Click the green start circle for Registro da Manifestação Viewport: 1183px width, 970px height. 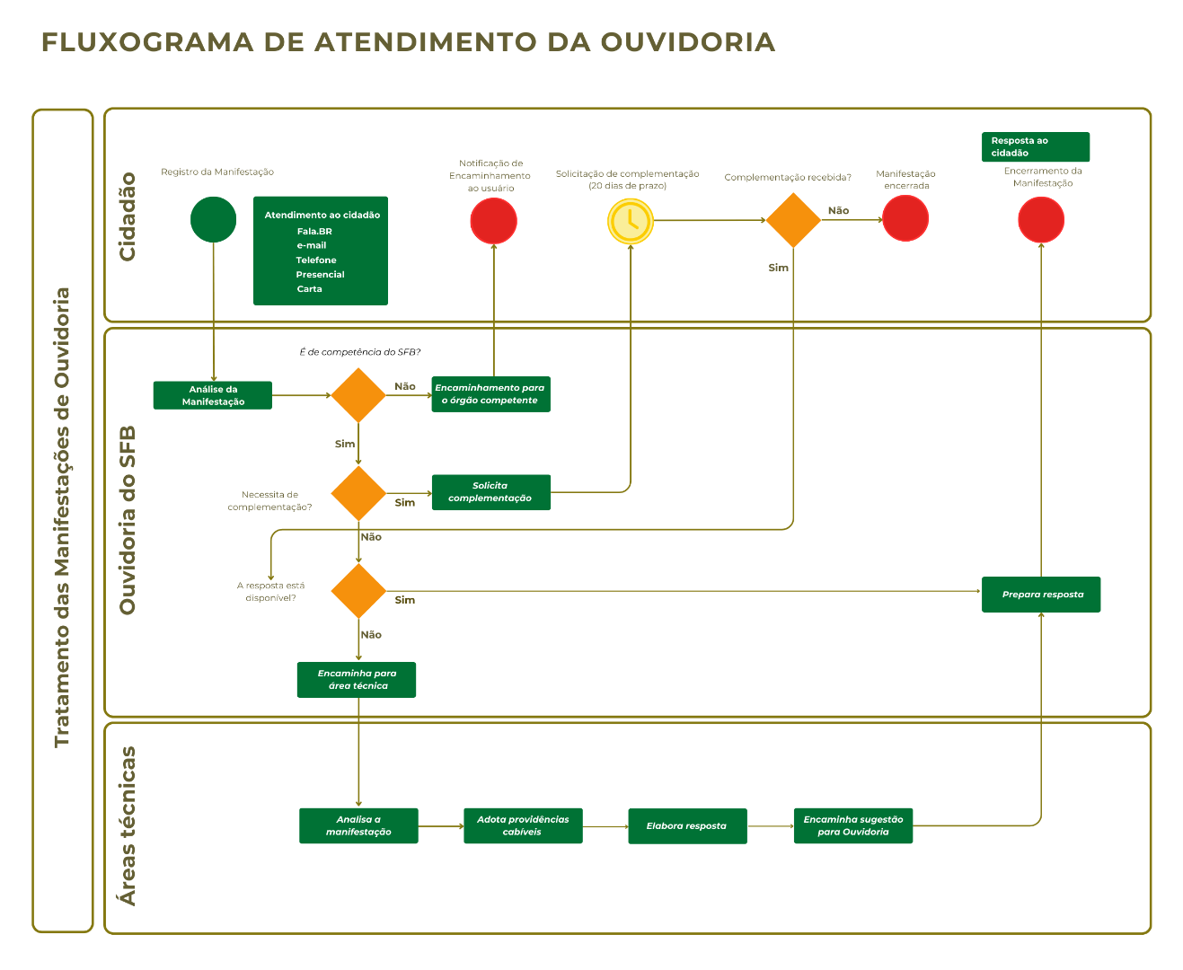pos(213,219)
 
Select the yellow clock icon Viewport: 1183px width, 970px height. pos(630,220)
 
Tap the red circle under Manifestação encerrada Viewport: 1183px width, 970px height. pos(905,218)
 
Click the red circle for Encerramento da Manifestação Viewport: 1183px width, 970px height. pos(1041,219)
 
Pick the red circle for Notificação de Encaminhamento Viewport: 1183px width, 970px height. pos(493,220)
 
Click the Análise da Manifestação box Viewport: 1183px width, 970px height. pos(212,395)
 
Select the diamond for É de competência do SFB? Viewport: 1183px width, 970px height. pos(358,395)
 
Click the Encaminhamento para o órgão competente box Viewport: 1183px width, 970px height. pos(490,394)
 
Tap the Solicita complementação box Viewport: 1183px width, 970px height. pos(490,492)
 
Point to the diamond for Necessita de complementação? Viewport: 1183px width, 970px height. pos(358,493)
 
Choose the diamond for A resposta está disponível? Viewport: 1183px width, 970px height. pos(358,591)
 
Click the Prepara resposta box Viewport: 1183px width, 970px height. pos(1041,595)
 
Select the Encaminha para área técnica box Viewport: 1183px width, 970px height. pos(357,680)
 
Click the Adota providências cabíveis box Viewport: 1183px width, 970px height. pos(523,825)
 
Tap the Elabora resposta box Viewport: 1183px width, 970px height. pos(687,825)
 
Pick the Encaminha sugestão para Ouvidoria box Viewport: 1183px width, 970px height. pos(852,825)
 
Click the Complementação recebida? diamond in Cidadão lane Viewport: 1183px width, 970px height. pos(793,220)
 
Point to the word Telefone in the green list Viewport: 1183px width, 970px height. pos(316,260)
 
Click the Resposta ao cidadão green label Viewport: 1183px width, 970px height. pos(1035,146)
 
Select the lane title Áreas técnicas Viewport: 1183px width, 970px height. pos(128,825)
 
